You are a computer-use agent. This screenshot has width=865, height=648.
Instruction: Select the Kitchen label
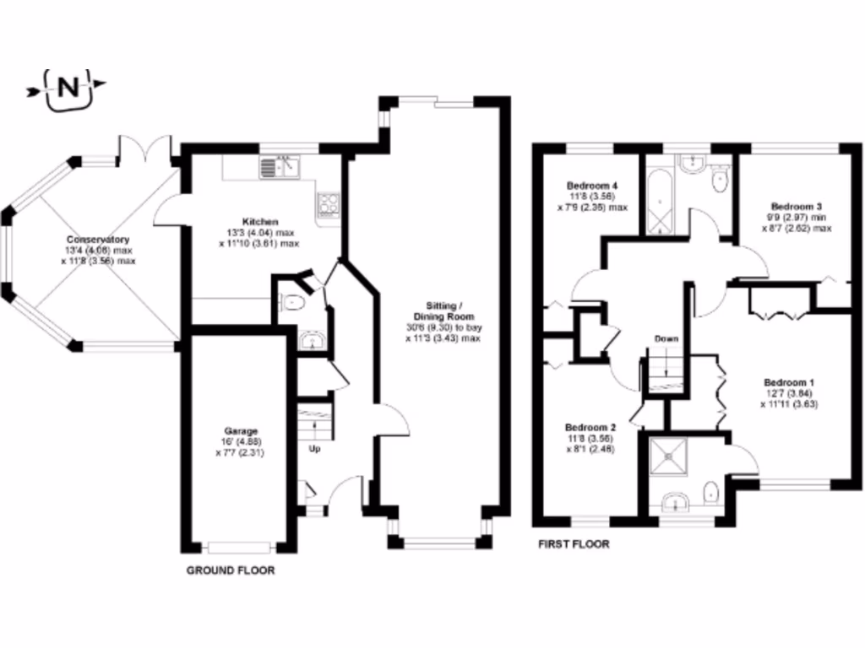[258, 222]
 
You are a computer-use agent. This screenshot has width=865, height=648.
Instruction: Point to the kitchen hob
[327, 203]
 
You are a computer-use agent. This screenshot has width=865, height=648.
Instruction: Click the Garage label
[240, 430]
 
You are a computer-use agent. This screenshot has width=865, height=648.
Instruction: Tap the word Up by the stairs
[314, 448]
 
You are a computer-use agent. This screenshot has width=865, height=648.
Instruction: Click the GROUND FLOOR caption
[231, 571]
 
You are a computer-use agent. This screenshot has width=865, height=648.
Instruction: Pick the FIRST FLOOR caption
[574, 544]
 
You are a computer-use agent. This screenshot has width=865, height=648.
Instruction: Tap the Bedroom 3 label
[796, 206]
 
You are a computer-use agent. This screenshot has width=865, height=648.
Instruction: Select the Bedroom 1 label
[782, 381]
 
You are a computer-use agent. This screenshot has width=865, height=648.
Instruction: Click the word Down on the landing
[666, 339]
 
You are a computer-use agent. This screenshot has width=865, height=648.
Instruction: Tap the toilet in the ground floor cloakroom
[291, 302]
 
